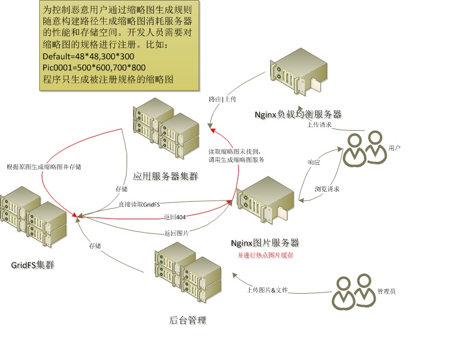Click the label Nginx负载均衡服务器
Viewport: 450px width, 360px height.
298,114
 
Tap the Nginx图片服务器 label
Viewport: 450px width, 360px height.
265,243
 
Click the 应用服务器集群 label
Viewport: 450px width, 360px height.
159,175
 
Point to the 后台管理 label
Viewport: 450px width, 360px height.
188,320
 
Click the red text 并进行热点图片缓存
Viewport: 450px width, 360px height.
265,256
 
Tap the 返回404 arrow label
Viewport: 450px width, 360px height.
172,217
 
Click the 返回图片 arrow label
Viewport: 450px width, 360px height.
176,233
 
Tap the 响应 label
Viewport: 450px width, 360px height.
314,162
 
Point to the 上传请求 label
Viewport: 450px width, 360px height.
320,124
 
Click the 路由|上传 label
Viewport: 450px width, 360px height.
222,100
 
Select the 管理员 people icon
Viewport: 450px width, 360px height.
354,291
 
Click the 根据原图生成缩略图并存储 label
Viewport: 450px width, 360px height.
44,167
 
